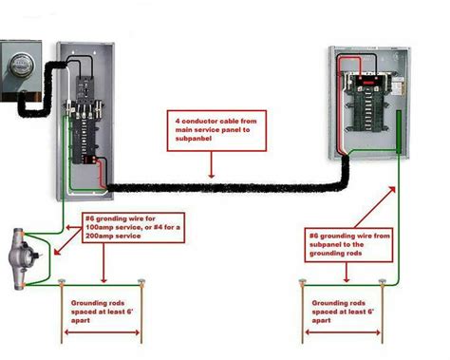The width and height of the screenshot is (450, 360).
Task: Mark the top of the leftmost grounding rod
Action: pos(62,282)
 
